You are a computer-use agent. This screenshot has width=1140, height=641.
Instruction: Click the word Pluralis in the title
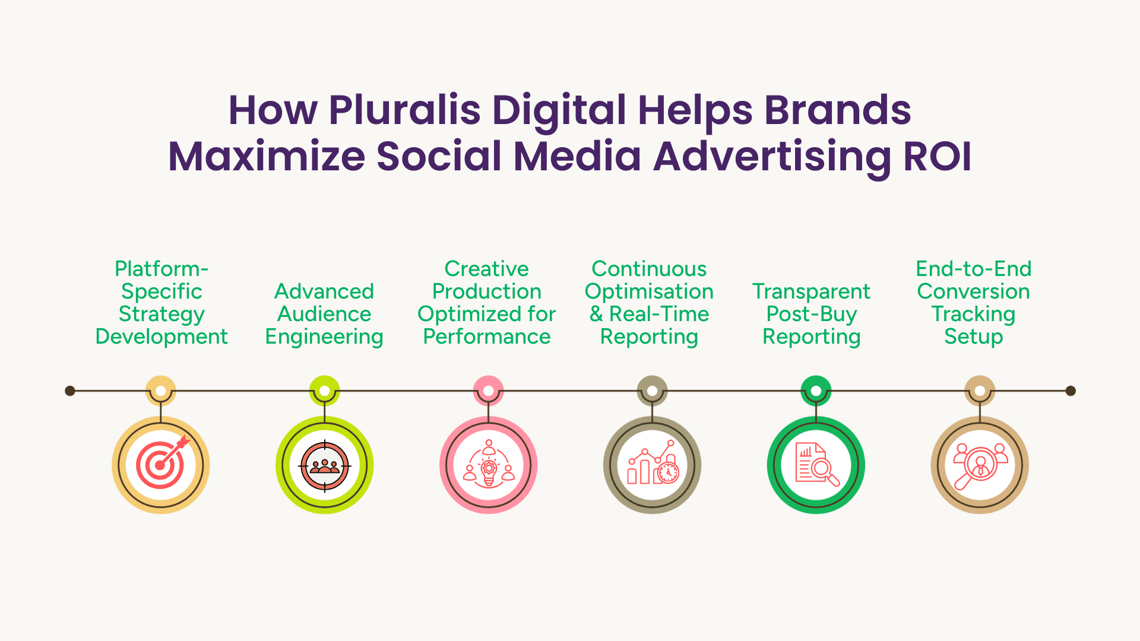point(404,110)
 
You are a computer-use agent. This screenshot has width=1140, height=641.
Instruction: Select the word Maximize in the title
point(267,156)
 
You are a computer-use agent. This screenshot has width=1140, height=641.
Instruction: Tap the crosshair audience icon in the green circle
point(325,466)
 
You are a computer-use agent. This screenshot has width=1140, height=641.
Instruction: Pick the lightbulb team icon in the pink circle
point(489,464)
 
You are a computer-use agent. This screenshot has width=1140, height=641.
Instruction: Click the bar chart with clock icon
point(653,463)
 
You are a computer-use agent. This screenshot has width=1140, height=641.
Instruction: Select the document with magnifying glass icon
point(817,465)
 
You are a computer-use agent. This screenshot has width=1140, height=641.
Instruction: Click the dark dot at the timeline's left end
point(70,391)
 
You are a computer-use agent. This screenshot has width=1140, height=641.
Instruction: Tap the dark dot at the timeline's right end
point(1071,391)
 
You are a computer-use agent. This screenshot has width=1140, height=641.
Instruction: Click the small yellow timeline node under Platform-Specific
point(161,391)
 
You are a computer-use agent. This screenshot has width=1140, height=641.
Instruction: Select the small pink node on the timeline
point(488,391)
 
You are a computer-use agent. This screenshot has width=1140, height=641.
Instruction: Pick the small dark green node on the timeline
point(816,391)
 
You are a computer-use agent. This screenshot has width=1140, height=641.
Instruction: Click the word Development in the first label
point(161,337)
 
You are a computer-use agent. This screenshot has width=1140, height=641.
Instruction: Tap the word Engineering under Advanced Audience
point(324,337)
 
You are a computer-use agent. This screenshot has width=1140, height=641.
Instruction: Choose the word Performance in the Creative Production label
point(487,337)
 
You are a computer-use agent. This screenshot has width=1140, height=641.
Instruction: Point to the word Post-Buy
point(812,315)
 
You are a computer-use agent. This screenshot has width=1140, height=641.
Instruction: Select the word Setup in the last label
point(974,337)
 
